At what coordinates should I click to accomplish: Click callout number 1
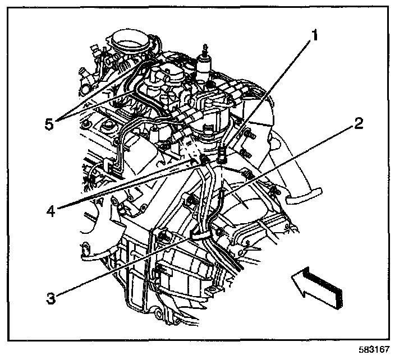click(315, 37)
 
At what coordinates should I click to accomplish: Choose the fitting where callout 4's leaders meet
click(204, 161)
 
